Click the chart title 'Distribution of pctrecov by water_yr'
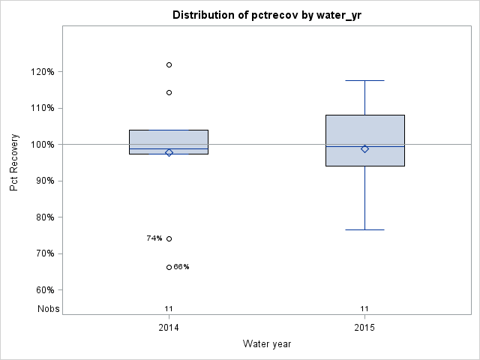coord(267,15)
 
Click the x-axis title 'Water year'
coord(267,343)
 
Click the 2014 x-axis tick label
coord(169,328)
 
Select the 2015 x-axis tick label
coord(364,328)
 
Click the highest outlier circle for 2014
coord(169,65)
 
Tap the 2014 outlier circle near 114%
coord(169,92)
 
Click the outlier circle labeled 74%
coord(169,238)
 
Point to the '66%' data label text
coord(181,267)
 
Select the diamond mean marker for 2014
coord(169,152)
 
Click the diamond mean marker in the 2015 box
coord(364,148)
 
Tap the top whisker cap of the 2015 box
coord(364,80)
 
